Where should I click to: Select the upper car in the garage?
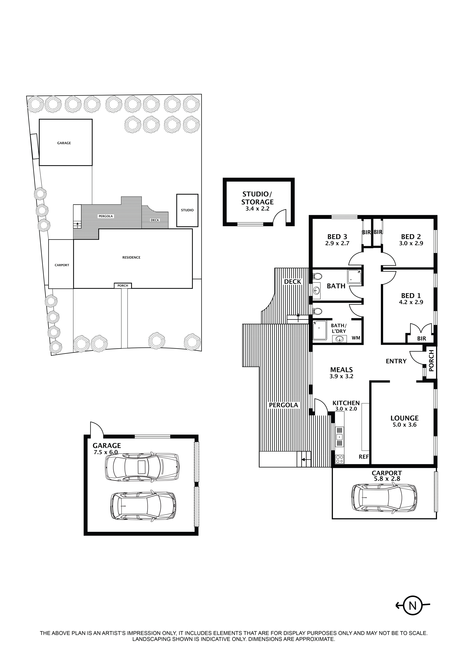(x=142, y=467)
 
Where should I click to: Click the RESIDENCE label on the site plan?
(x=131, y=257)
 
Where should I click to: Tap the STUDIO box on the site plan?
(x=187, y=210)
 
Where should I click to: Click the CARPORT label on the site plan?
(x=62, y=265)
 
